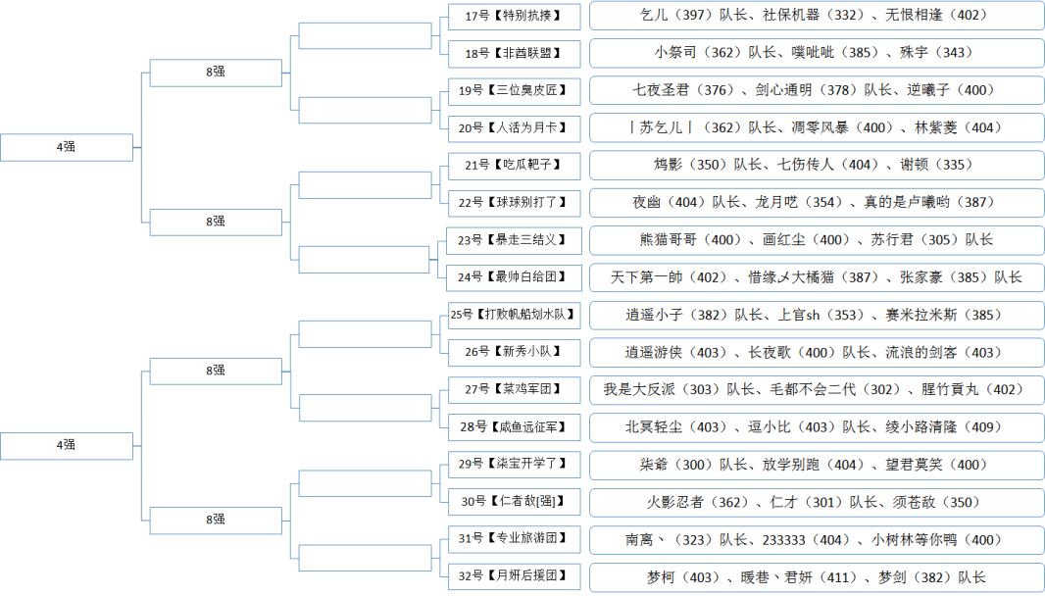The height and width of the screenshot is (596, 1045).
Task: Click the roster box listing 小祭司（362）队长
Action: click(x=818, y=53)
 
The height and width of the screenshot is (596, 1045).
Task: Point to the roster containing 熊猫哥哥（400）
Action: click(x=818, y=240)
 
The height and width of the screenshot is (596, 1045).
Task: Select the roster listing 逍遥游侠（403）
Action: click(x=818, y=352)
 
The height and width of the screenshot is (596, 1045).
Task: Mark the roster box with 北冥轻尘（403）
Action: click(x=818, y=426)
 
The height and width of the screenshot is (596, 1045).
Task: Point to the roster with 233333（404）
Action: click(x=818, y=539)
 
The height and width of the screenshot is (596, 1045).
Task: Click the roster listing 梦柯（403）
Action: click(x=818, y=576)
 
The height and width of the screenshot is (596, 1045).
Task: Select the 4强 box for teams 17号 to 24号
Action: click(x=66, y=147)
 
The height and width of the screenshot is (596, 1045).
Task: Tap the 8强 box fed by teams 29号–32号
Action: click(x=216, y=520)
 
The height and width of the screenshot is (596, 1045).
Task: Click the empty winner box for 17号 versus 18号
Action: click(x=364, y=34)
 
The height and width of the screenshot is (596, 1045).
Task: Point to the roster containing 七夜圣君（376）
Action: click(x=818, y=90)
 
